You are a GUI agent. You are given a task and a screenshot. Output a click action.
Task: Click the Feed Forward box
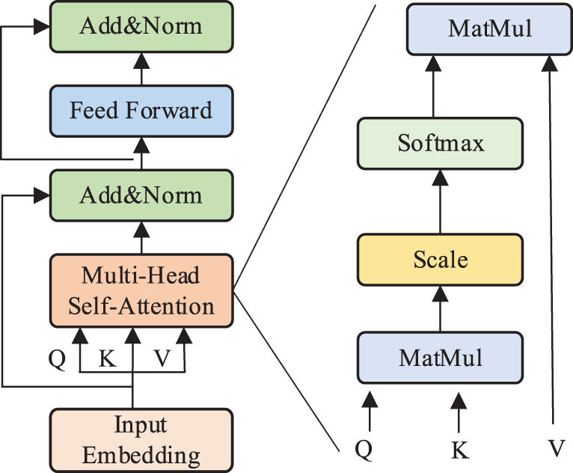(141, 111)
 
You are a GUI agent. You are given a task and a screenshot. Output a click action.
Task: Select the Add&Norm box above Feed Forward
(141, 27)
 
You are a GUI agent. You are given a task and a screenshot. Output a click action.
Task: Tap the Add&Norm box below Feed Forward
(141, 195)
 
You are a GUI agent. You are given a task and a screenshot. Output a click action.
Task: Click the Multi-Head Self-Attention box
(141, 290)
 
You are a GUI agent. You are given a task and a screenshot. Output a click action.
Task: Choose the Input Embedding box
(141, 441)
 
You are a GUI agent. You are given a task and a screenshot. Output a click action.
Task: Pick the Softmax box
(440, 143)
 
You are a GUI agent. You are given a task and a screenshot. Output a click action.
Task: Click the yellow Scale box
(440, 260)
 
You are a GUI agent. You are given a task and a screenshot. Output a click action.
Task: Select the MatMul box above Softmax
(490, 29)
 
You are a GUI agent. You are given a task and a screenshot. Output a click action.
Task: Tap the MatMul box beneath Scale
(440, 358)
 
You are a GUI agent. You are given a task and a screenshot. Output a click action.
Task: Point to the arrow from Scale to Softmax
(440, 202)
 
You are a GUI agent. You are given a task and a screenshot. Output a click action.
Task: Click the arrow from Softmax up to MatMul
(433, 87)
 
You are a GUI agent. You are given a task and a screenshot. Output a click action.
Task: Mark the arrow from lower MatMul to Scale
(440, 309)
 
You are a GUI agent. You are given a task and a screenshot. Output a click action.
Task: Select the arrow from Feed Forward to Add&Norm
(141, 69)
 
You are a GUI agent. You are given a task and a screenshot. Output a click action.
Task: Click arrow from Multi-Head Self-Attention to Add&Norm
(141, 238)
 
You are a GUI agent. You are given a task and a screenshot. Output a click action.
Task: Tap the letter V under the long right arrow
(557, 448)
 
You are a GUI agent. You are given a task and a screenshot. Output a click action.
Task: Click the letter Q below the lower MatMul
(364, 450)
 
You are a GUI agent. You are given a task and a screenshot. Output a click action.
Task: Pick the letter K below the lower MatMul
(460, 450)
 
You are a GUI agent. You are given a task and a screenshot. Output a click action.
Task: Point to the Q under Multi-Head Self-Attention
(57, 359)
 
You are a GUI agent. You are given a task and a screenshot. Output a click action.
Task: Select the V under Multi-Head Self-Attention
(162, 358)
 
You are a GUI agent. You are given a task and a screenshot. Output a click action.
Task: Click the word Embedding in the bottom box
(141, 456)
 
